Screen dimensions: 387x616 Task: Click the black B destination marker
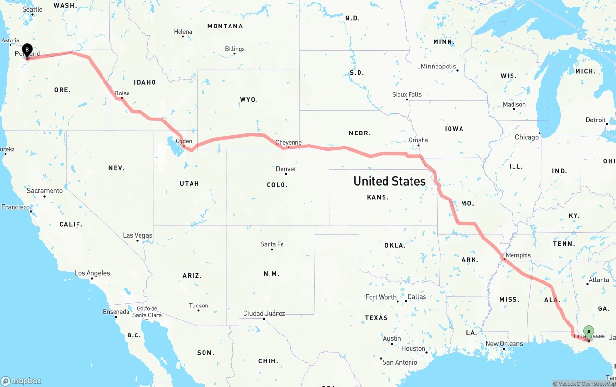27,50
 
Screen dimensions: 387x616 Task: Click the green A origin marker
589,332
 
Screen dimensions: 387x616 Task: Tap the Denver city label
286,169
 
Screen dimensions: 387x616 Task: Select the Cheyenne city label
288,142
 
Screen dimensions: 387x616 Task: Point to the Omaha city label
418,140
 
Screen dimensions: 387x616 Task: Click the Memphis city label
518,255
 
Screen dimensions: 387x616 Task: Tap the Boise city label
122,93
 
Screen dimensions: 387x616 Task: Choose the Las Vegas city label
138,235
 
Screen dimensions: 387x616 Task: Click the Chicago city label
526,137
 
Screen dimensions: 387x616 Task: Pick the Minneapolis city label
438,67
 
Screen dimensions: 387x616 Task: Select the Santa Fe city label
272,244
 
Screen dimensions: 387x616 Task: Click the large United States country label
389,181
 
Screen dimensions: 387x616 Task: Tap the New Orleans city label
504,344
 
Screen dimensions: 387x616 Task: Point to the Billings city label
234,49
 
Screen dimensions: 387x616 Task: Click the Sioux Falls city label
407,94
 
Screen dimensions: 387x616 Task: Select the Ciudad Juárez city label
264,313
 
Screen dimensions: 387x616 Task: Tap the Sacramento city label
45,191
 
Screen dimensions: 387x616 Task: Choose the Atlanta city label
599,280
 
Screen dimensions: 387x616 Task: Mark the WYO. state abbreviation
249,100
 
